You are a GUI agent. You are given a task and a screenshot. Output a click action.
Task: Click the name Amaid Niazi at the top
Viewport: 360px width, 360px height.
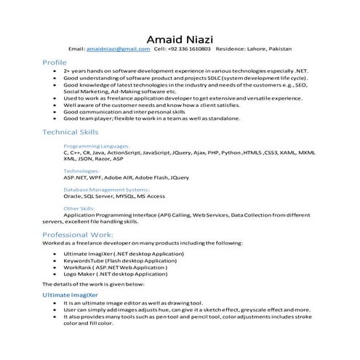180,37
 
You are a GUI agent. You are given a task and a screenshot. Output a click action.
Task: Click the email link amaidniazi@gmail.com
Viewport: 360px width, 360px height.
119,49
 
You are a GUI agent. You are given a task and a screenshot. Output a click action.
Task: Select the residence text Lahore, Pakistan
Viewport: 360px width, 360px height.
265,49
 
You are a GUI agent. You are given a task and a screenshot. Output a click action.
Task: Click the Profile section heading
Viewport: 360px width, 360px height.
55,63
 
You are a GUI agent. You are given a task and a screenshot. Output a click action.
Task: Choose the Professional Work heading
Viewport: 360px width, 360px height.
77,235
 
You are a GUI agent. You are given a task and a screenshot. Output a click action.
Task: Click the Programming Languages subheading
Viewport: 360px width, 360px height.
97,146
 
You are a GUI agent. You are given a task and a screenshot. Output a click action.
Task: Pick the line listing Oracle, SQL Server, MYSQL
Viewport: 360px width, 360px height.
114,196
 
